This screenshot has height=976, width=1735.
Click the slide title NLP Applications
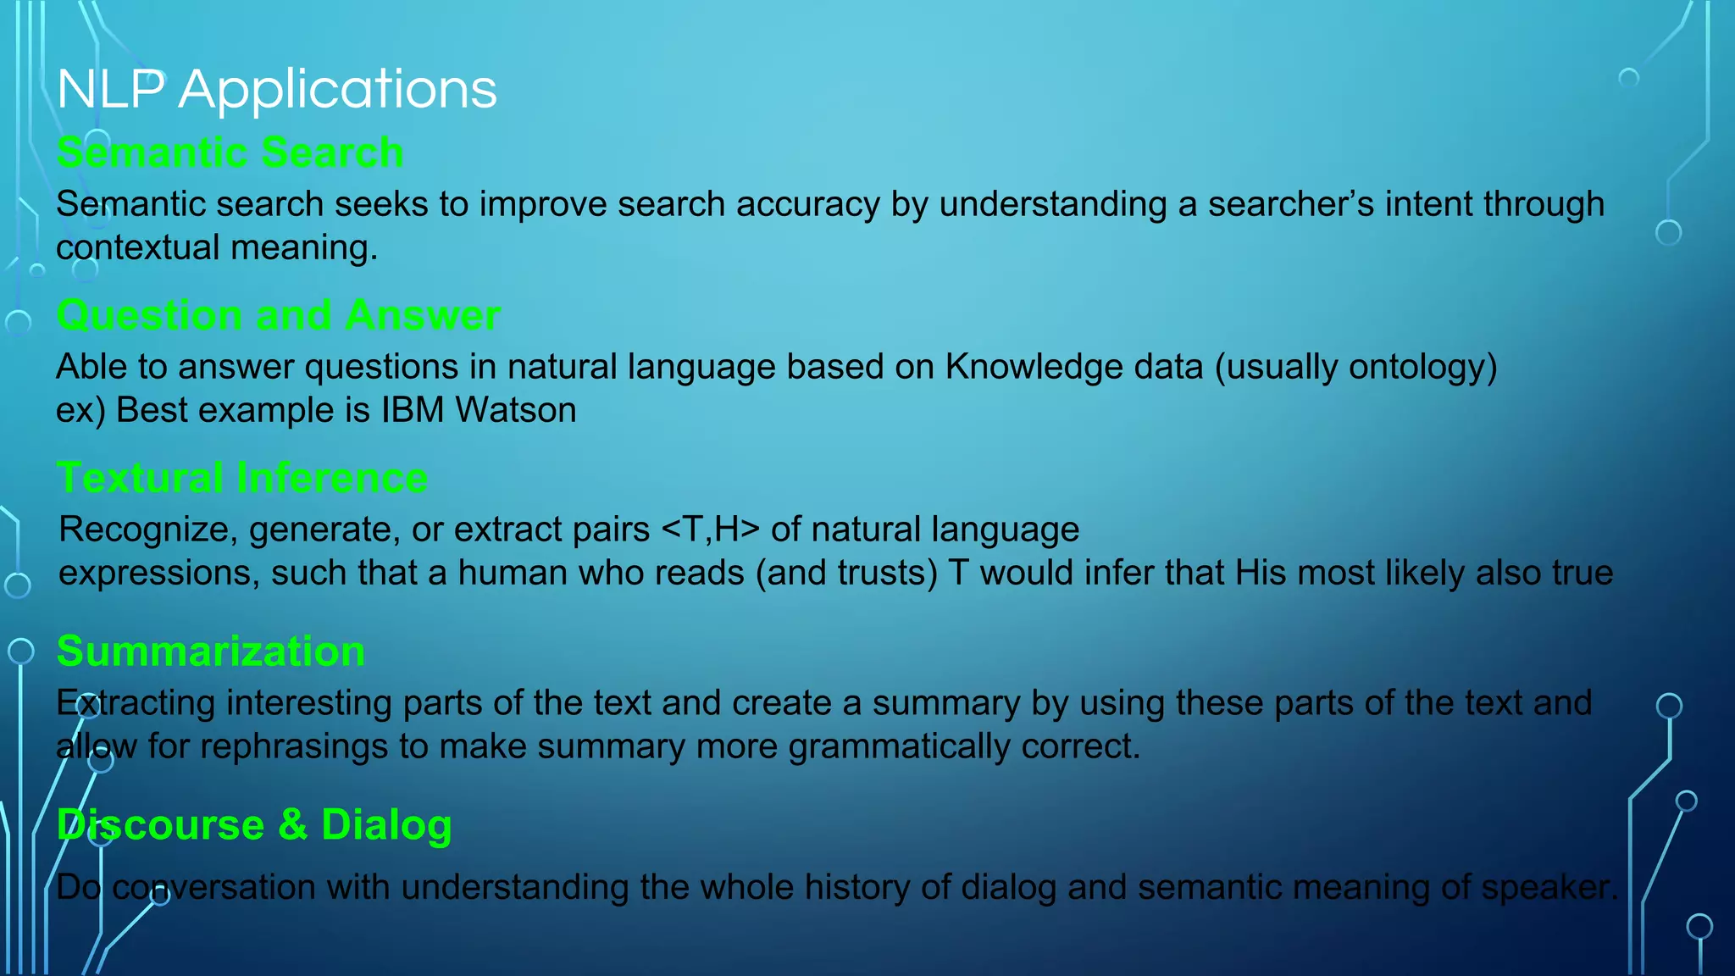point(277,89)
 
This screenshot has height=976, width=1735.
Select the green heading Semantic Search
point(230,153)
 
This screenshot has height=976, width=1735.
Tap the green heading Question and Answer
point(278,316)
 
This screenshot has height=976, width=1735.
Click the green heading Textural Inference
point(241,479)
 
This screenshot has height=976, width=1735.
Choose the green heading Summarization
point(210,652)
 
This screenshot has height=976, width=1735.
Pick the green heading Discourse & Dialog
point(253,825)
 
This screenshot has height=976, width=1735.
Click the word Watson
point(515,410)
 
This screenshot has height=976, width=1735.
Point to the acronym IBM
point(412,410)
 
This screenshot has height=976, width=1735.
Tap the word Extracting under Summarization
point(136,703)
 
